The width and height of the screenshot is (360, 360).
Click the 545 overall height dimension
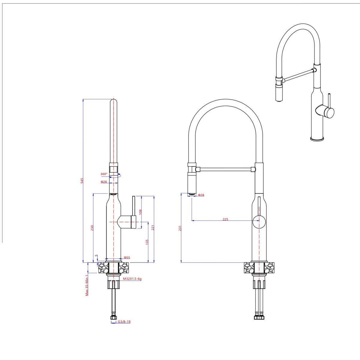coord(82,181)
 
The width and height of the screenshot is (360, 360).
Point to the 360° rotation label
coord(104,174)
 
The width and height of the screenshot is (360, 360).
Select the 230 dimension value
coord(92,228)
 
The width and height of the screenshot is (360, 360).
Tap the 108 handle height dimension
coord(140,212)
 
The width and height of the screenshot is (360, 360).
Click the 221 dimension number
coord(153,228)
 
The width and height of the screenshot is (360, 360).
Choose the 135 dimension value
coord(147,242)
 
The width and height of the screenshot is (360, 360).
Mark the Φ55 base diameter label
coord(127,257)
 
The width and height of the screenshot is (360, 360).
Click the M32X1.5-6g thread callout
coord(132,279)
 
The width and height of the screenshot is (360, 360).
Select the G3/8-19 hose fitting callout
coord(124,322)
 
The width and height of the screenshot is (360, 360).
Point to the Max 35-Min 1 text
coord(87,285)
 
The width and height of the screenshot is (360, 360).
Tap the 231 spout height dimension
coord(180,228)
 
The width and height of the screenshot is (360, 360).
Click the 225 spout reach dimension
coord(225,219)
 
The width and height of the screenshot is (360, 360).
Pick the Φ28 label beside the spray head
coord(201,195)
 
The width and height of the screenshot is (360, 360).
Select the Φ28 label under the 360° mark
coord(103,182)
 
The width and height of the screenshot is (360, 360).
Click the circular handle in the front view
coord(259,222)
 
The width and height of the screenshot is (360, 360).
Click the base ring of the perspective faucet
coord(317,139)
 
